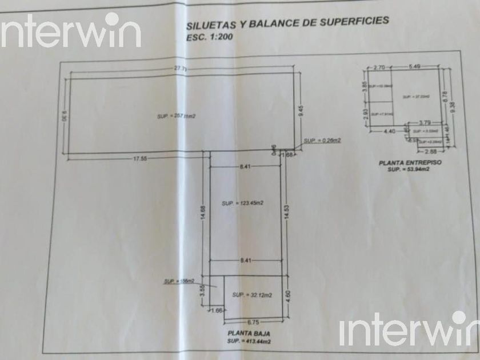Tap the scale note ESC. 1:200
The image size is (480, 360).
pos(210,38)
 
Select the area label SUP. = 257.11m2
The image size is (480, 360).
pos(177,116)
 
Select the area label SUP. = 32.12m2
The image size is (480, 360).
pos(251,295)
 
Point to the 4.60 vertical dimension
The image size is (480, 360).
pos(288,297)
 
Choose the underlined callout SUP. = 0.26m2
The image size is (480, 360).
pos(322,140)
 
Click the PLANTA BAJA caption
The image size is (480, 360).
pos(249,333)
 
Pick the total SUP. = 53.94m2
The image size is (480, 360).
pos(408,170)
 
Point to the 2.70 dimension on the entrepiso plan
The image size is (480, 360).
pos(380,67)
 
